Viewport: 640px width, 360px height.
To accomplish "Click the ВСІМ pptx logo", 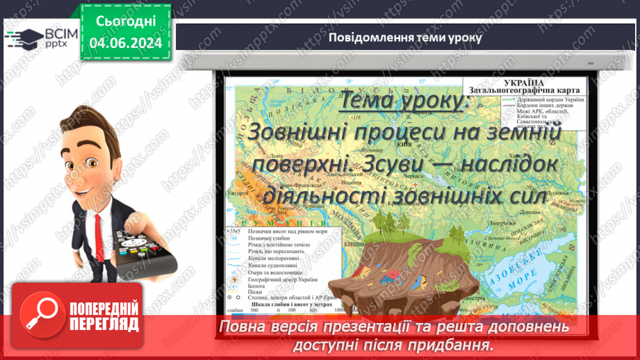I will click(39, 37).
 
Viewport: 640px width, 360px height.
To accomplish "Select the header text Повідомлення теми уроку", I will click(404, 37).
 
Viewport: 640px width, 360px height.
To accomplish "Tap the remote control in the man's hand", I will click(142, 254).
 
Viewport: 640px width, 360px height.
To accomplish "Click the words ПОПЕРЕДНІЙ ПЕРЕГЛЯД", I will click(104, 316).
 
